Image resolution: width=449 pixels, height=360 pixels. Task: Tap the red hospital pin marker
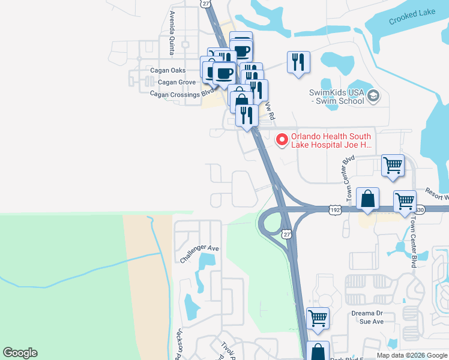281,140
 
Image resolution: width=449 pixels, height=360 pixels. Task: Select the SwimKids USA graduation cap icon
374,96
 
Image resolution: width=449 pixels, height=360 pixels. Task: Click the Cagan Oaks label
167,70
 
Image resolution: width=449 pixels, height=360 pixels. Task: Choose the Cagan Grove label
168,82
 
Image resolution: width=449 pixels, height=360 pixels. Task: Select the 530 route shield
418,209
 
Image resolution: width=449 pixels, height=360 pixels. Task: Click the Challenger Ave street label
199,253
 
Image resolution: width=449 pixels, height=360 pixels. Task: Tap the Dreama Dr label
367,313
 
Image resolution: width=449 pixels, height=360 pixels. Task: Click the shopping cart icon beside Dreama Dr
318,318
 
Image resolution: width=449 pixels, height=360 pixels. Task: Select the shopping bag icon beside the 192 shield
367,198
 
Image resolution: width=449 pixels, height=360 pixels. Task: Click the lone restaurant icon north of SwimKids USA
298,62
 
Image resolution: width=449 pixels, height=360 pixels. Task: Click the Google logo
20,353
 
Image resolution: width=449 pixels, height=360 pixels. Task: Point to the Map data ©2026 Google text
412,355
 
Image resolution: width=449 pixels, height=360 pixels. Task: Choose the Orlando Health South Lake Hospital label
331,140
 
